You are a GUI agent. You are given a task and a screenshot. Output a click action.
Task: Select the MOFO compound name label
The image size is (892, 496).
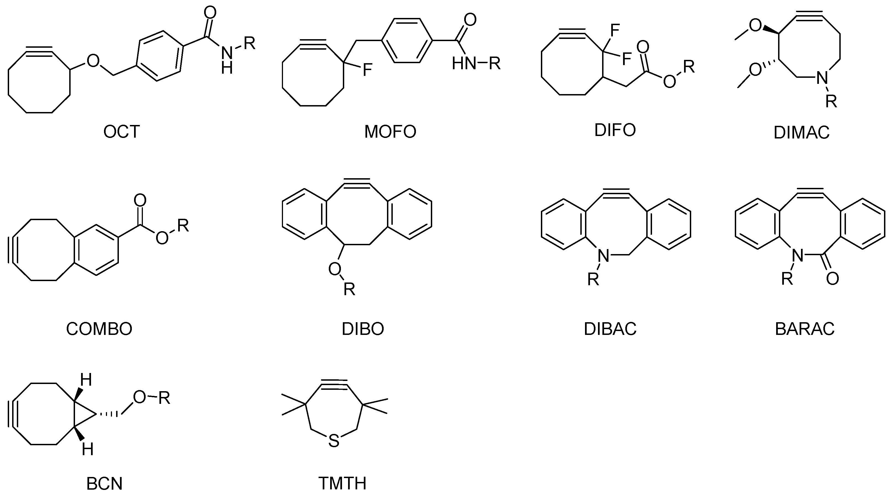390,132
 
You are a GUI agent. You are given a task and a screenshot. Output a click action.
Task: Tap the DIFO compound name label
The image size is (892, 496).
615,130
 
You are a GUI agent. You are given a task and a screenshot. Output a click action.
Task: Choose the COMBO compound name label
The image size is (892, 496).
99,329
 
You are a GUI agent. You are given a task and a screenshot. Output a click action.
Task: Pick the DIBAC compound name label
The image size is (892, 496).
610,329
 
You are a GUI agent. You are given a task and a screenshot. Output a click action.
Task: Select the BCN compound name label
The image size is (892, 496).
104,484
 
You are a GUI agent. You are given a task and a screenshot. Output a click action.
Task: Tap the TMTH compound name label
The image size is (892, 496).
342,484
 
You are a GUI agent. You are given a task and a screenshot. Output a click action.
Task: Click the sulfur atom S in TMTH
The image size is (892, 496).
333,441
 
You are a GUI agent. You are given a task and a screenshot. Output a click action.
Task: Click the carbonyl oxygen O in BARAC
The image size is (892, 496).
832,278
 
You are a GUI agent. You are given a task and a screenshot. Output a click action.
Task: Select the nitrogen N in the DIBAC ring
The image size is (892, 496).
603,256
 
